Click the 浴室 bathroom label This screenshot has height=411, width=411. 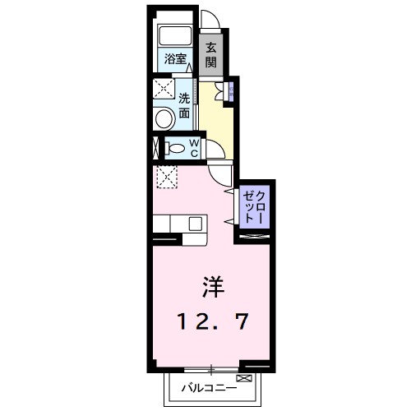[x=174, y=59]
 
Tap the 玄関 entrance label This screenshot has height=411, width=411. [x=211, y=55]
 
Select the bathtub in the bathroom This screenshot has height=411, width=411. [x=173, y=36]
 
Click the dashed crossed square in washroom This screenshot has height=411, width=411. [x=162, y=88]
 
